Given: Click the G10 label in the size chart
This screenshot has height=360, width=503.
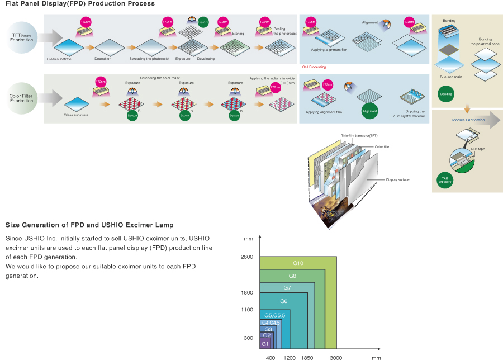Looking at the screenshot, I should click(x=298, y=263).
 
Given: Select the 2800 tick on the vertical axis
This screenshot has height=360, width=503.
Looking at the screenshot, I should click(x=247, y=257).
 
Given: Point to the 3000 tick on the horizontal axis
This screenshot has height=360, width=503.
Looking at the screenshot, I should click(x=335, y=357).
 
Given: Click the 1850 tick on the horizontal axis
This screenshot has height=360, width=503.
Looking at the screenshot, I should click(x=307, y=357).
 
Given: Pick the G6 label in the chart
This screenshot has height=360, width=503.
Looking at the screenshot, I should click(x=284, y=301).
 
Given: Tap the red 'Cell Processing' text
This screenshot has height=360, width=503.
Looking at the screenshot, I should click(x=314, y=67).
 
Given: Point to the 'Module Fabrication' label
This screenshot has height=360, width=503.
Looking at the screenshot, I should click(x=468, y=120).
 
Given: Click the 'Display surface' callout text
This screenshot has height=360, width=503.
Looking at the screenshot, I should click(x=398, y=180).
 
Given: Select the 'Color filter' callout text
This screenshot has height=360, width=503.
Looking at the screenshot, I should click(x=383, y=146).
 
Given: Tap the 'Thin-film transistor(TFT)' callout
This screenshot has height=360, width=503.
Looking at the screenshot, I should click(x=359, y=136).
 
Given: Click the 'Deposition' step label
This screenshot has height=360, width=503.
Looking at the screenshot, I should click(x=103, y=59).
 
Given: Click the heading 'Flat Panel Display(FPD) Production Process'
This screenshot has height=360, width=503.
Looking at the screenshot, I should click(x=80, y=4).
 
